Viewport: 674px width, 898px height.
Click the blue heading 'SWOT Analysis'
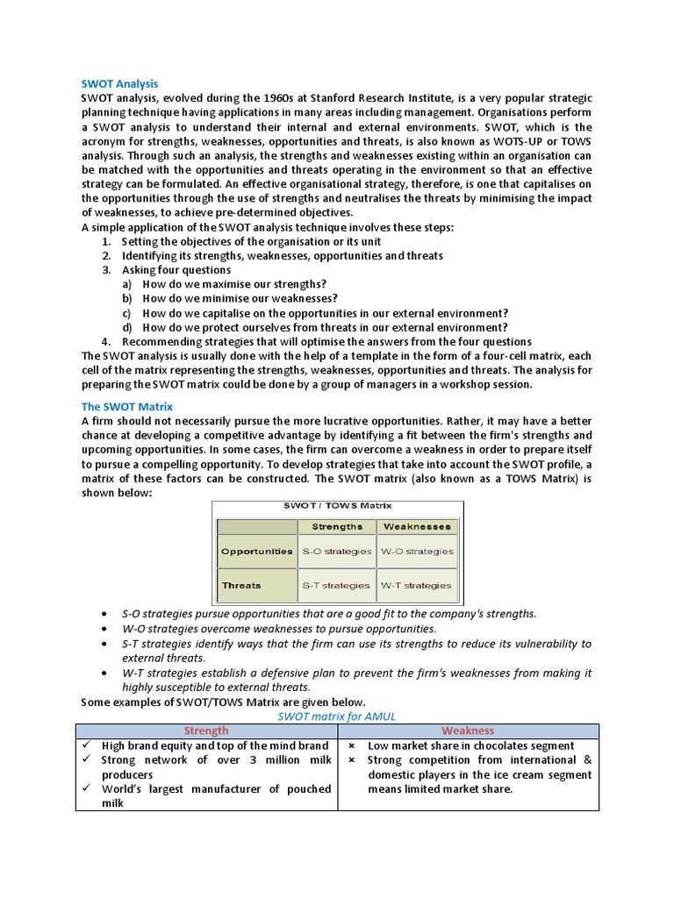tap(119, 83)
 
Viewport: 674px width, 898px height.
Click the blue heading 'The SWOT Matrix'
tap(126, 407)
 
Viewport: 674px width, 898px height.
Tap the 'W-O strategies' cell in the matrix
tap(417, 552)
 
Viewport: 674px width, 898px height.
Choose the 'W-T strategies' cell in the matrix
tap(417, 585)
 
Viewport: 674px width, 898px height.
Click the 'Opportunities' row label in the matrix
tap(257, 552)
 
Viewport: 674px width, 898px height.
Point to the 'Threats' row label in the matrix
tap(241, 585)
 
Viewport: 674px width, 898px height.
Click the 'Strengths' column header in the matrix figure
tap(337, 527)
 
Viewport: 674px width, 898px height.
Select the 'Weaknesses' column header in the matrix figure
tap(417, 527)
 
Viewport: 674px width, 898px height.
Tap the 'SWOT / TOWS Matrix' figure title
tap(337, 506)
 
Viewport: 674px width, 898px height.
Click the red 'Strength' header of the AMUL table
tap(206, 731)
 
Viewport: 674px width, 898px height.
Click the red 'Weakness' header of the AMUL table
tap(468, 731)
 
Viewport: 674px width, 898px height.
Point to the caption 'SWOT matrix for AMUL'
tap(336, 716)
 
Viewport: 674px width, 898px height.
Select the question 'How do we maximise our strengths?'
tap(234, 284)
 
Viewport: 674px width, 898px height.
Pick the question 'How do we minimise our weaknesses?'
tap(240, 298)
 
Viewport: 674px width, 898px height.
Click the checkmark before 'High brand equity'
tap(90, 745)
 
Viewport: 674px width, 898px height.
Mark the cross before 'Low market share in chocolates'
tap(352, 745)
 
